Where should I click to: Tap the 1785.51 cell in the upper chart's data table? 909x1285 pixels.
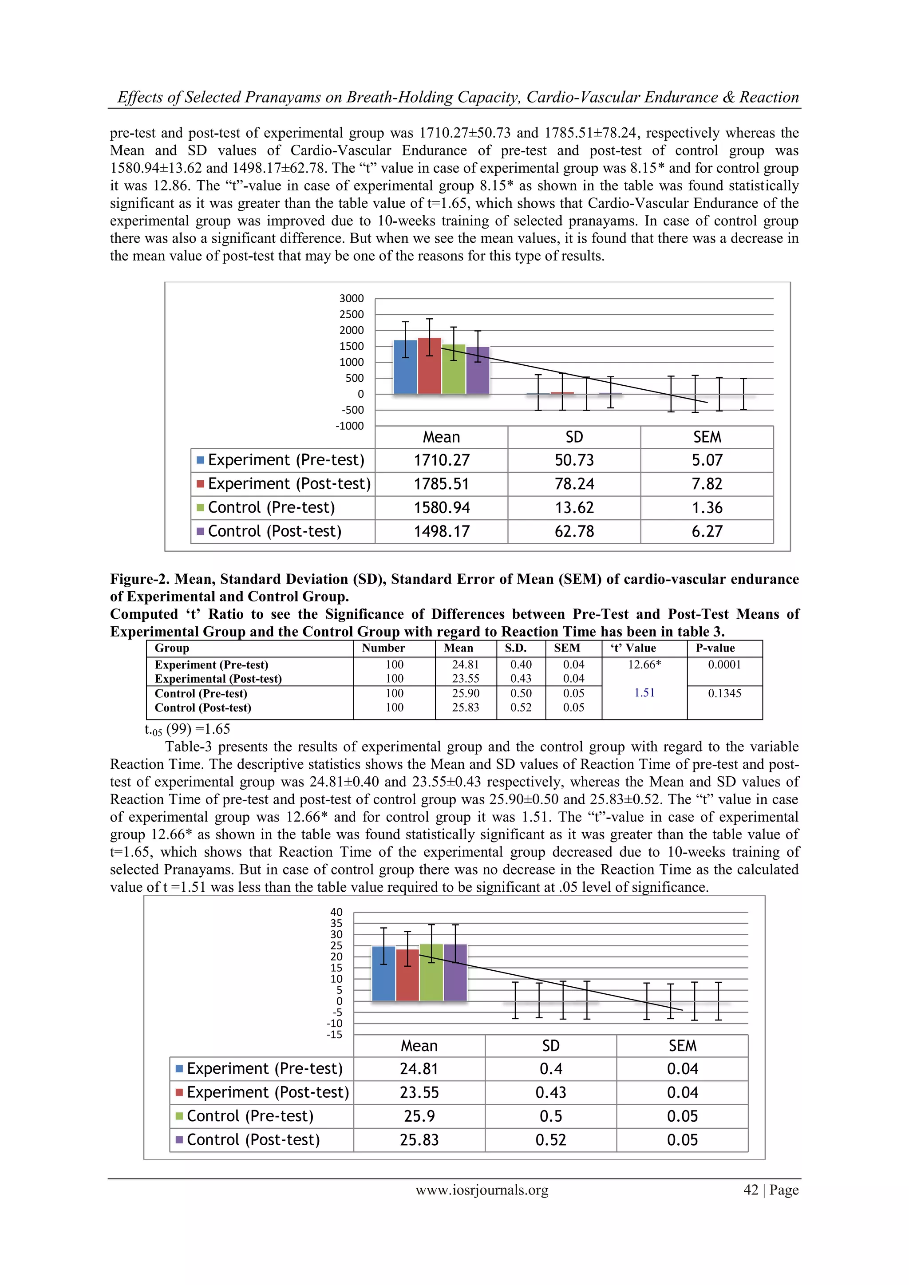pos(441,484)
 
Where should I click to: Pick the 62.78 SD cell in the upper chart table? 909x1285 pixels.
pos(574,531)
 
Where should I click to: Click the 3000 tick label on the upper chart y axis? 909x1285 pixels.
pos(352,298)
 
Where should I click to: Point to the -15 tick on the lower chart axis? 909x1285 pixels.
pos(334,1034)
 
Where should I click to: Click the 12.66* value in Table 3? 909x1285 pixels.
pos(644,664)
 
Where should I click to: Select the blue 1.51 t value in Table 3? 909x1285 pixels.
pos(644,693)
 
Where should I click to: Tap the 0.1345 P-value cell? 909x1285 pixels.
pos(724,693)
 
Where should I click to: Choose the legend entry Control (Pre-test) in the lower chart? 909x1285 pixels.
pos(249,1116)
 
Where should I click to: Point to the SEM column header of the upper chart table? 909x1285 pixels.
pos(707,437)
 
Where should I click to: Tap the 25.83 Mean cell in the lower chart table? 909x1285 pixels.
pos(419,1140)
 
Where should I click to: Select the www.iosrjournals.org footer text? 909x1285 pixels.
pos(482,1190)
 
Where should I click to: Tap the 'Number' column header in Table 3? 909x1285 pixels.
pos(383,648)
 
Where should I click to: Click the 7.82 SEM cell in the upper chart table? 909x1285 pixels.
pos(707,484)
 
